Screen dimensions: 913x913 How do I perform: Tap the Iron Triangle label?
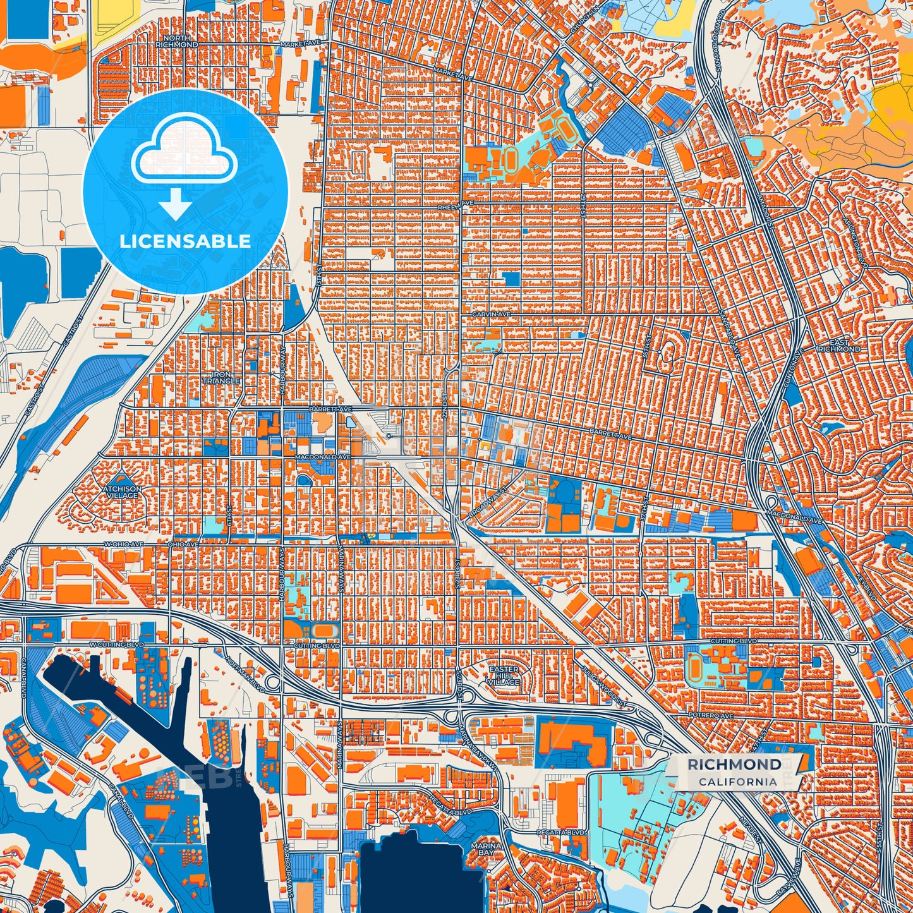[x=221, y=378]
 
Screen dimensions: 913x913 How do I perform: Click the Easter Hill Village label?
[x=504, y=675]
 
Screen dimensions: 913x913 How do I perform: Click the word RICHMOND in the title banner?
[x=734, y=765]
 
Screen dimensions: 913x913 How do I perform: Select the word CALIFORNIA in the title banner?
[x=737, y=782]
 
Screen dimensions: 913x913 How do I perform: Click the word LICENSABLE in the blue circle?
[x=185, y=241]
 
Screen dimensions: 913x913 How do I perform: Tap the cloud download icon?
[x=183, y=153]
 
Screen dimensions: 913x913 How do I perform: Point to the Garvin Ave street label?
[x=491, y=314]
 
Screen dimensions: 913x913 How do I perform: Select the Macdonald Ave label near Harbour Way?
[x=322, y=456]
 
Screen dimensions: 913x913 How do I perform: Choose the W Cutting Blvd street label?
[x=116, y=644]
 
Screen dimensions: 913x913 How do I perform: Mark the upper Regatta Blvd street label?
[x=451, y=811]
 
